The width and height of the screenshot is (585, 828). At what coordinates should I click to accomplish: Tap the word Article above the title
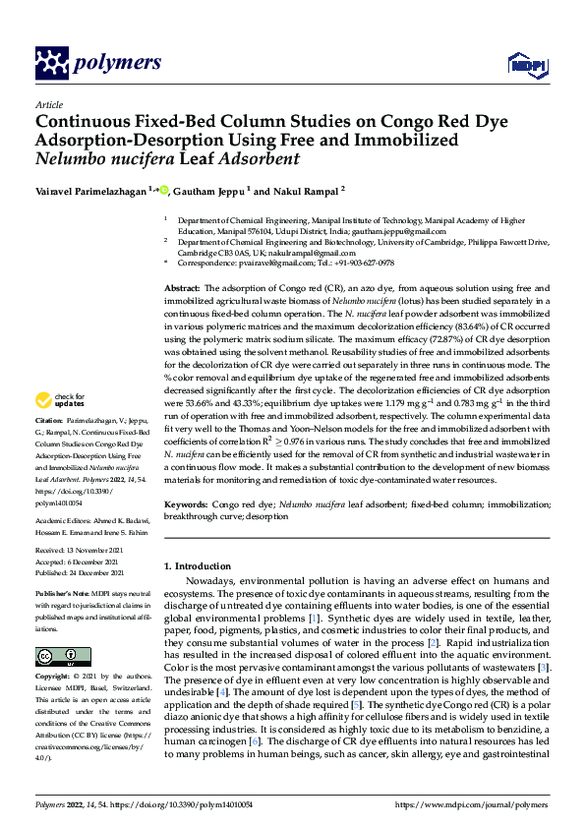[48, 104]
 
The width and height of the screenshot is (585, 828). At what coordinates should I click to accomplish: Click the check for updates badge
[58, 399]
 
